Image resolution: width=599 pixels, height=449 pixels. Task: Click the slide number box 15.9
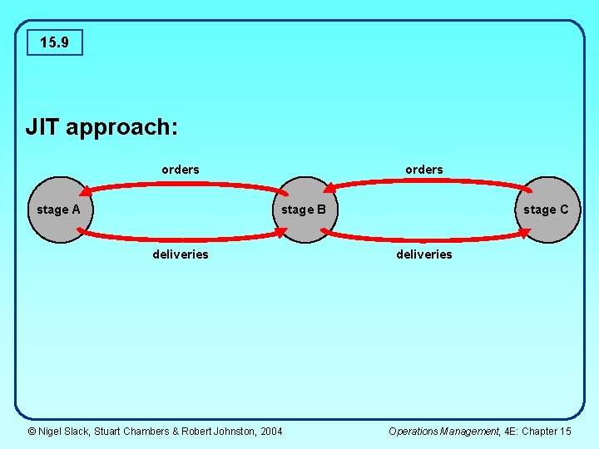click(54, 42)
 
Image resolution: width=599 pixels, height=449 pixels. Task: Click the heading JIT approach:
click(102, 127)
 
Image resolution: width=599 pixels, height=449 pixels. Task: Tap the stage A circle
click(58, 210)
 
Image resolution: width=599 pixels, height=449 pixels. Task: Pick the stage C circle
click(546, 210)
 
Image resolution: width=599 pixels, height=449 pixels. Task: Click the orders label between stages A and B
click(181, 170)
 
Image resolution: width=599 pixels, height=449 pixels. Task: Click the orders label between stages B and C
click(424, 170)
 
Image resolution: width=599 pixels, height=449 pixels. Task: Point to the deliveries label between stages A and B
click(181, 254)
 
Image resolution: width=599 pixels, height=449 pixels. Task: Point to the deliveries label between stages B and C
click(424, 254)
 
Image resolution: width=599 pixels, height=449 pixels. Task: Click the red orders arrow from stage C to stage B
click(424, 181)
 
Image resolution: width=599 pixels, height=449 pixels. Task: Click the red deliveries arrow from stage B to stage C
click(424, 239)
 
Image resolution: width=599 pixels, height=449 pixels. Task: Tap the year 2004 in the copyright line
click(271, 431)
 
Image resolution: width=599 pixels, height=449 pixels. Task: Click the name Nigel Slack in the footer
click(66, 431)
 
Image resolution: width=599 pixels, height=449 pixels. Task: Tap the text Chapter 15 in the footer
click(548, 431)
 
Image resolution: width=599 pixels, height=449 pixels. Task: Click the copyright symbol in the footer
click(32, 431)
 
